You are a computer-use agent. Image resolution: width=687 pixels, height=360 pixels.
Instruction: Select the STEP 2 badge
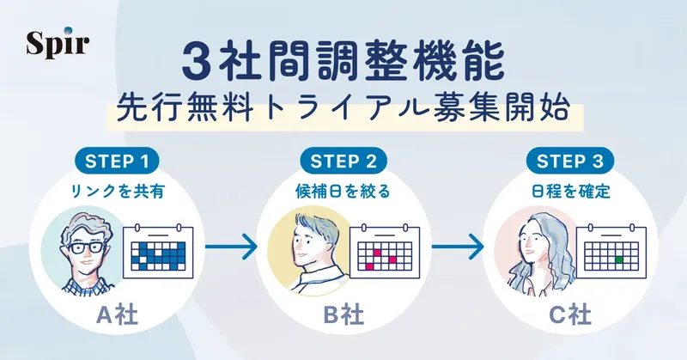point(343,161)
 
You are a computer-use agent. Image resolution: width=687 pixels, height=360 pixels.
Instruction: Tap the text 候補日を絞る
point(343,192)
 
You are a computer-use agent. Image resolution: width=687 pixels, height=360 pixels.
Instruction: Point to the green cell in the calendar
point(617,257)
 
